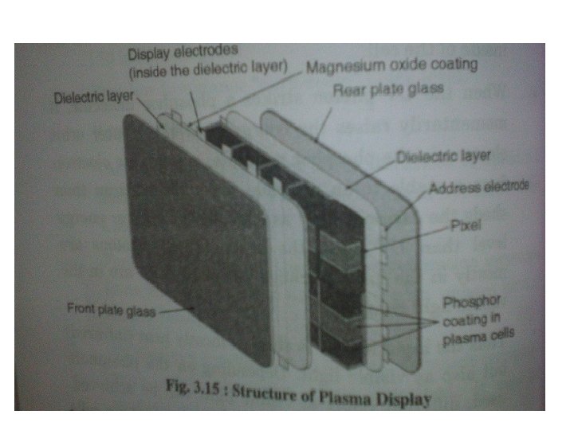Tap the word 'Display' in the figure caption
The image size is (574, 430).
(x=404, y=397)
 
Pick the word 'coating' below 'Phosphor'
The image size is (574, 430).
(x=460, y=321)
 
